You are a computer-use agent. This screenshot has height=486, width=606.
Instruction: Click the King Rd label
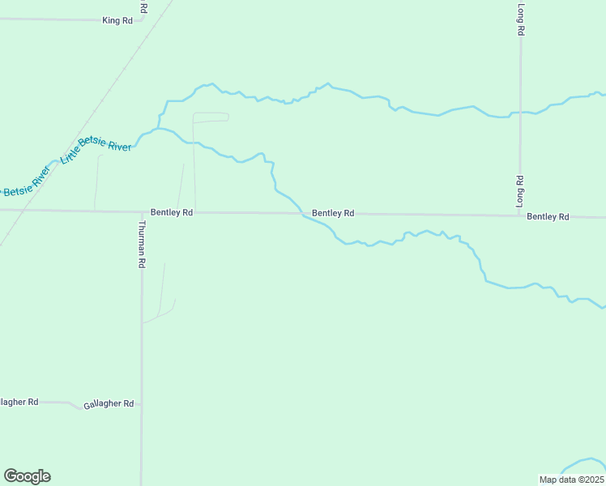117,20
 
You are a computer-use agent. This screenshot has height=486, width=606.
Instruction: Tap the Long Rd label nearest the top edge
521,19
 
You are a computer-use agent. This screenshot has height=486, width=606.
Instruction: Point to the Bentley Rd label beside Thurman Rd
172,212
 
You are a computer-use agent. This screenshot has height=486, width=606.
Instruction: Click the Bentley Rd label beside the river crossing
333,213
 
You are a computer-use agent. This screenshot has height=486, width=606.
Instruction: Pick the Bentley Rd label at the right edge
548,216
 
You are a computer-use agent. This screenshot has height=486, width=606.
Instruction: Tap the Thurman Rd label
141,245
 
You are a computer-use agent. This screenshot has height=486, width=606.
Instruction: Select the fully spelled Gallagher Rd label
108,403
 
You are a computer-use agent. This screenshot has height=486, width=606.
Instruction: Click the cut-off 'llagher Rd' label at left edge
19,402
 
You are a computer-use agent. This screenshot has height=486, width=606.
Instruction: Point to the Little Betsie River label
96,158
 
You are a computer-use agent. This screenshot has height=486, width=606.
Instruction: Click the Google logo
27,476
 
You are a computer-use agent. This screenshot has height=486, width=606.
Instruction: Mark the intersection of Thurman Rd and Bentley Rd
141,211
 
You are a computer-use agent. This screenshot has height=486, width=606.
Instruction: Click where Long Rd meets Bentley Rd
520,215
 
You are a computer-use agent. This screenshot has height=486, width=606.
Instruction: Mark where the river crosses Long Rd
520,113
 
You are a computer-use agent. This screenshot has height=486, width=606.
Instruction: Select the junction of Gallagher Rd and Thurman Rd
141,403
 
